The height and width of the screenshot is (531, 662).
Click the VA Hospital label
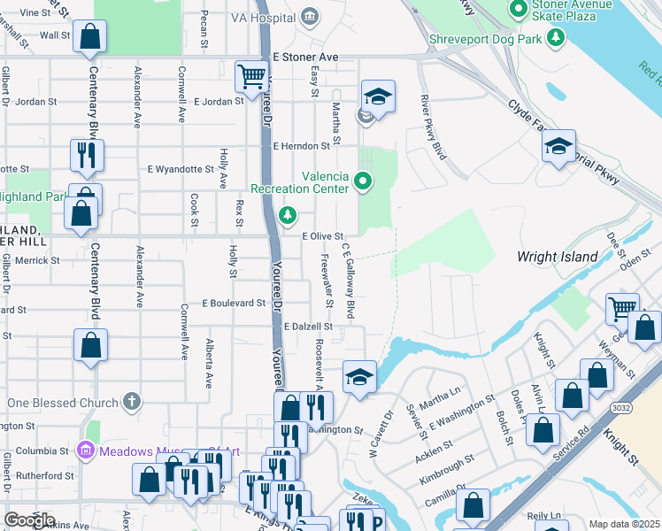pyautogui.click(x=263, y=17)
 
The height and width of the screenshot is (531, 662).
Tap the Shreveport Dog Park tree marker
pyautogui.click(x=555, y=38)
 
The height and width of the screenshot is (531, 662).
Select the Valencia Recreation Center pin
pyautogui.click(x=362, y=182)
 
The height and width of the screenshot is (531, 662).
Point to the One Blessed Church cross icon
pyautogui.click(x=132, y=403)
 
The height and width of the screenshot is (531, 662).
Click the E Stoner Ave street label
pyautogui.click(x=305, y=57)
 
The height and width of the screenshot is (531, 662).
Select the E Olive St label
pyautogui.click(x=322, y=237)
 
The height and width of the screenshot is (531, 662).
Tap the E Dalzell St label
pyautogui.click(x=308, y=327)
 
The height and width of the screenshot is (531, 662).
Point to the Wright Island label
pyautogui.click(x=558, y=257)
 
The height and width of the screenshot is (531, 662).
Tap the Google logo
pyautogui.click(x=29, y=519)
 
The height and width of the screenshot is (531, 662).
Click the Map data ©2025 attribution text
pyautogui.click(x=624, y=524)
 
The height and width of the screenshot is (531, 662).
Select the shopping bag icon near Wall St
pyautogui.click(x=89, y=37)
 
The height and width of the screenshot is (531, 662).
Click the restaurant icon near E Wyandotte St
pyautogui.click(x=87, y=155)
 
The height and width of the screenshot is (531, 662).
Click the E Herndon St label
pyautogui.click(x=306, y=146)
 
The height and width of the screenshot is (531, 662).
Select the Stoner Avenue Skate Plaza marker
pyautogui.click(x=519, y=10)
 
